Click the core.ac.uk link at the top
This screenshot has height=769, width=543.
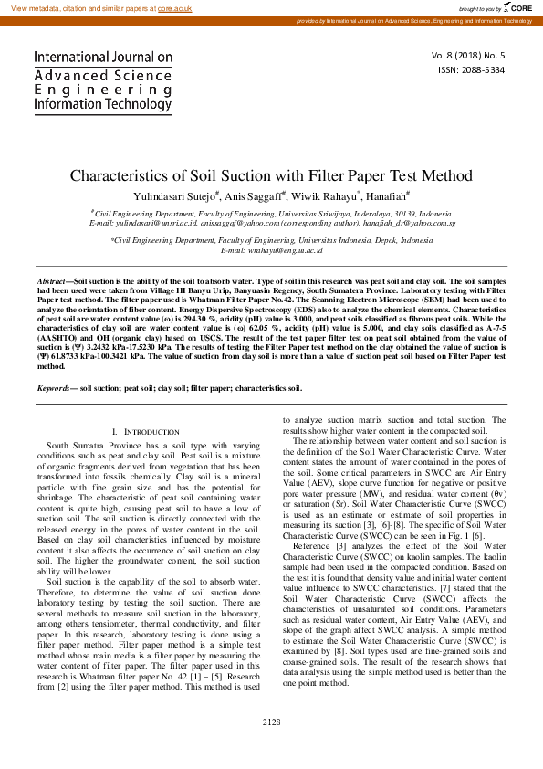pyautogui.click(x=174, y=7)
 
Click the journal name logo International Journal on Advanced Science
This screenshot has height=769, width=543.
pyautogui.click(x=103, y=80)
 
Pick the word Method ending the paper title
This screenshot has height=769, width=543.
pyautogui.click(x=445, y=175)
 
